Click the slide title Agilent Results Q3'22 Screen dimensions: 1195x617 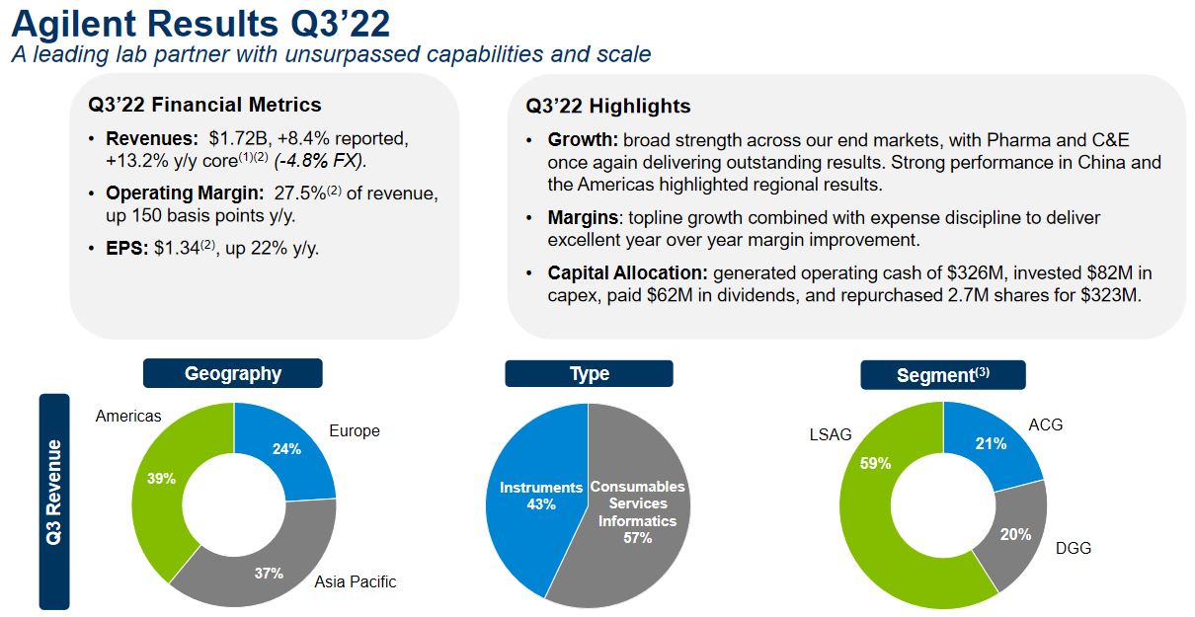click(x=200, y=24)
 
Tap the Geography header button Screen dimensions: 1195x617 click(x=233, y=373)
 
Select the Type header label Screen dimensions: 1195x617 click(x=589, y=373)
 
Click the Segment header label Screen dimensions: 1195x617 click(x=942, y=375)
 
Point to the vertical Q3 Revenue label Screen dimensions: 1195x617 click(x=54, y=501)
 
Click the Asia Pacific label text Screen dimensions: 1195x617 click(x=356, y=581)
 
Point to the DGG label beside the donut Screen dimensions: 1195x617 click(x=1074, y=548)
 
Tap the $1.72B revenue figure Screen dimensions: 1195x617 click(x=238, y=138)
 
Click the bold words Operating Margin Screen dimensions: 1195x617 click(x=185, y=193)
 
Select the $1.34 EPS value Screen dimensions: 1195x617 click(x=177, y=249)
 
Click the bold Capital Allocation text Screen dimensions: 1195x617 click(x=627, y=273)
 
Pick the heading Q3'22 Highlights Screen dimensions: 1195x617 click(x=607, y=106)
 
